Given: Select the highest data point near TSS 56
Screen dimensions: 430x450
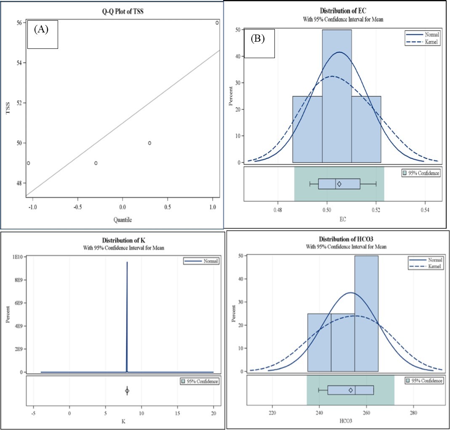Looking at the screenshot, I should pos(217,23).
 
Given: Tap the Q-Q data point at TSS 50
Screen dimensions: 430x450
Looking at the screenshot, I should pos(149,143).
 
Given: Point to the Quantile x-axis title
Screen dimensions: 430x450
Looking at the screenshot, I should pos(122,219).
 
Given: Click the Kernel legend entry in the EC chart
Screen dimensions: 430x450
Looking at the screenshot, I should pos(423,43).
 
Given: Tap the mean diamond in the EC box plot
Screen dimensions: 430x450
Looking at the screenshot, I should pos(339,184).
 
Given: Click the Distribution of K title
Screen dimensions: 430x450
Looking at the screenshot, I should pos(125,240).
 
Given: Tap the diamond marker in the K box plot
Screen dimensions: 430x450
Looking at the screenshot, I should pos(127,391).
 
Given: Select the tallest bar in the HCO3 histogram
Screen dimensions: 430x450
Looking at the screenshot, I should pos(366,314).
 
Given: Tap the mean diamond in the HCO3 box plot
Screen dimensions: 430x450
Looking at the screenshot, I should pos(351,390).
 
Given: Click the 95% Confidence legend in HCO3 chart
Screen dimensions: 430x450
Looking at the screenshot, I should pos(424,381).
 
